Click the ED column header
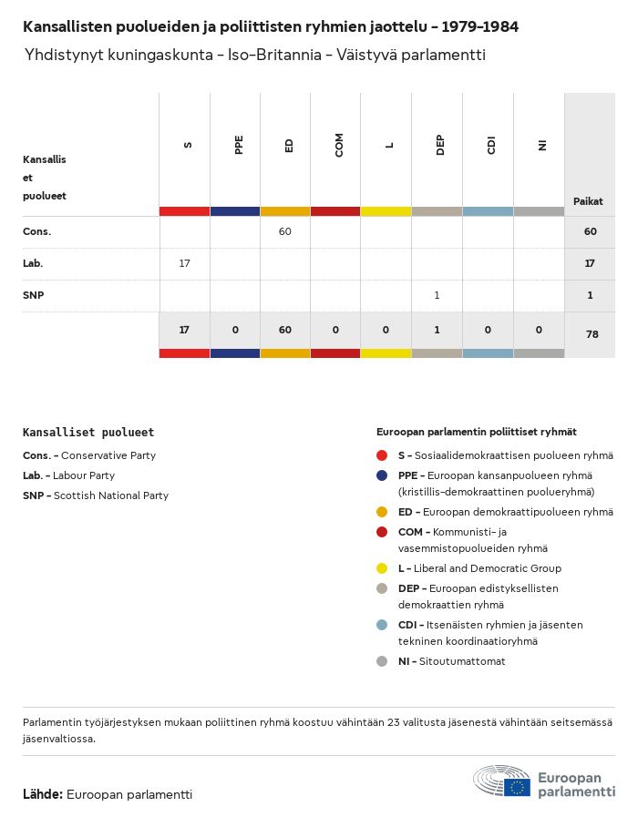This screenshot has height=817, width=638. click(x=289, y=146)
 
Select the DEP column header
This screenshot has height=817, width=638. click(x=440, y=146)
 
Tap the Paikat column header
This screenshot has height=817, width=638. click(x=588, y=201)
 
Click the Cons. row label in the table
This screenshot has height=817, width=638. click(x=37, y=232)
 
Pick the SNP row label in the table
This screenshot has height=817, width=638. click(x=34, y=295)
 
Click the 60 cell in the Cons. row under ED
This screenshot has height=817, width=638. click(x=285, y=231)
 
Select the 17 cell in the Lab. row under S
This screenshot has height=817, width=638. click(x=184, y=263)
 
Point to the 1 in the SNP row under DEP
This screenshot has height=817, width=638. click(x=437, y=295)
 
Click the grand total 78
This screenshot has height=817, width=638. click(x=592, y=334)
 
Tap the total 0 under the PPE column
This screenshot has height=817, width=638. click(x=235, y=330)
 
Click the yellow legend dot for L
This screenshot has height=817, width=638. click(x=382, y=568)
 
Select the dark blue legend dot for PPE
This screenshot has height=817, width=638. click(x=382, y=475)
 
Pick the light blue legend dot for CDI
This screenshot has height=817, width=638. click(x=382, y=625)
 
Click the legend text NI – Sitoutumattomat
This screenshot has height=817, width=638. click(x=451, y=661)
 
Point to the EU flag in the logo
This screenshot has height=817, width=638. click(x=517, y=787)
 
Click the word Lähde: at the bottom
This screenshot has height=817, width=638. click(x=43, y=794)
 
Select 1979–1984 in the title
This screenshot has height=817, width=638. click(x=480, y=26)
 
